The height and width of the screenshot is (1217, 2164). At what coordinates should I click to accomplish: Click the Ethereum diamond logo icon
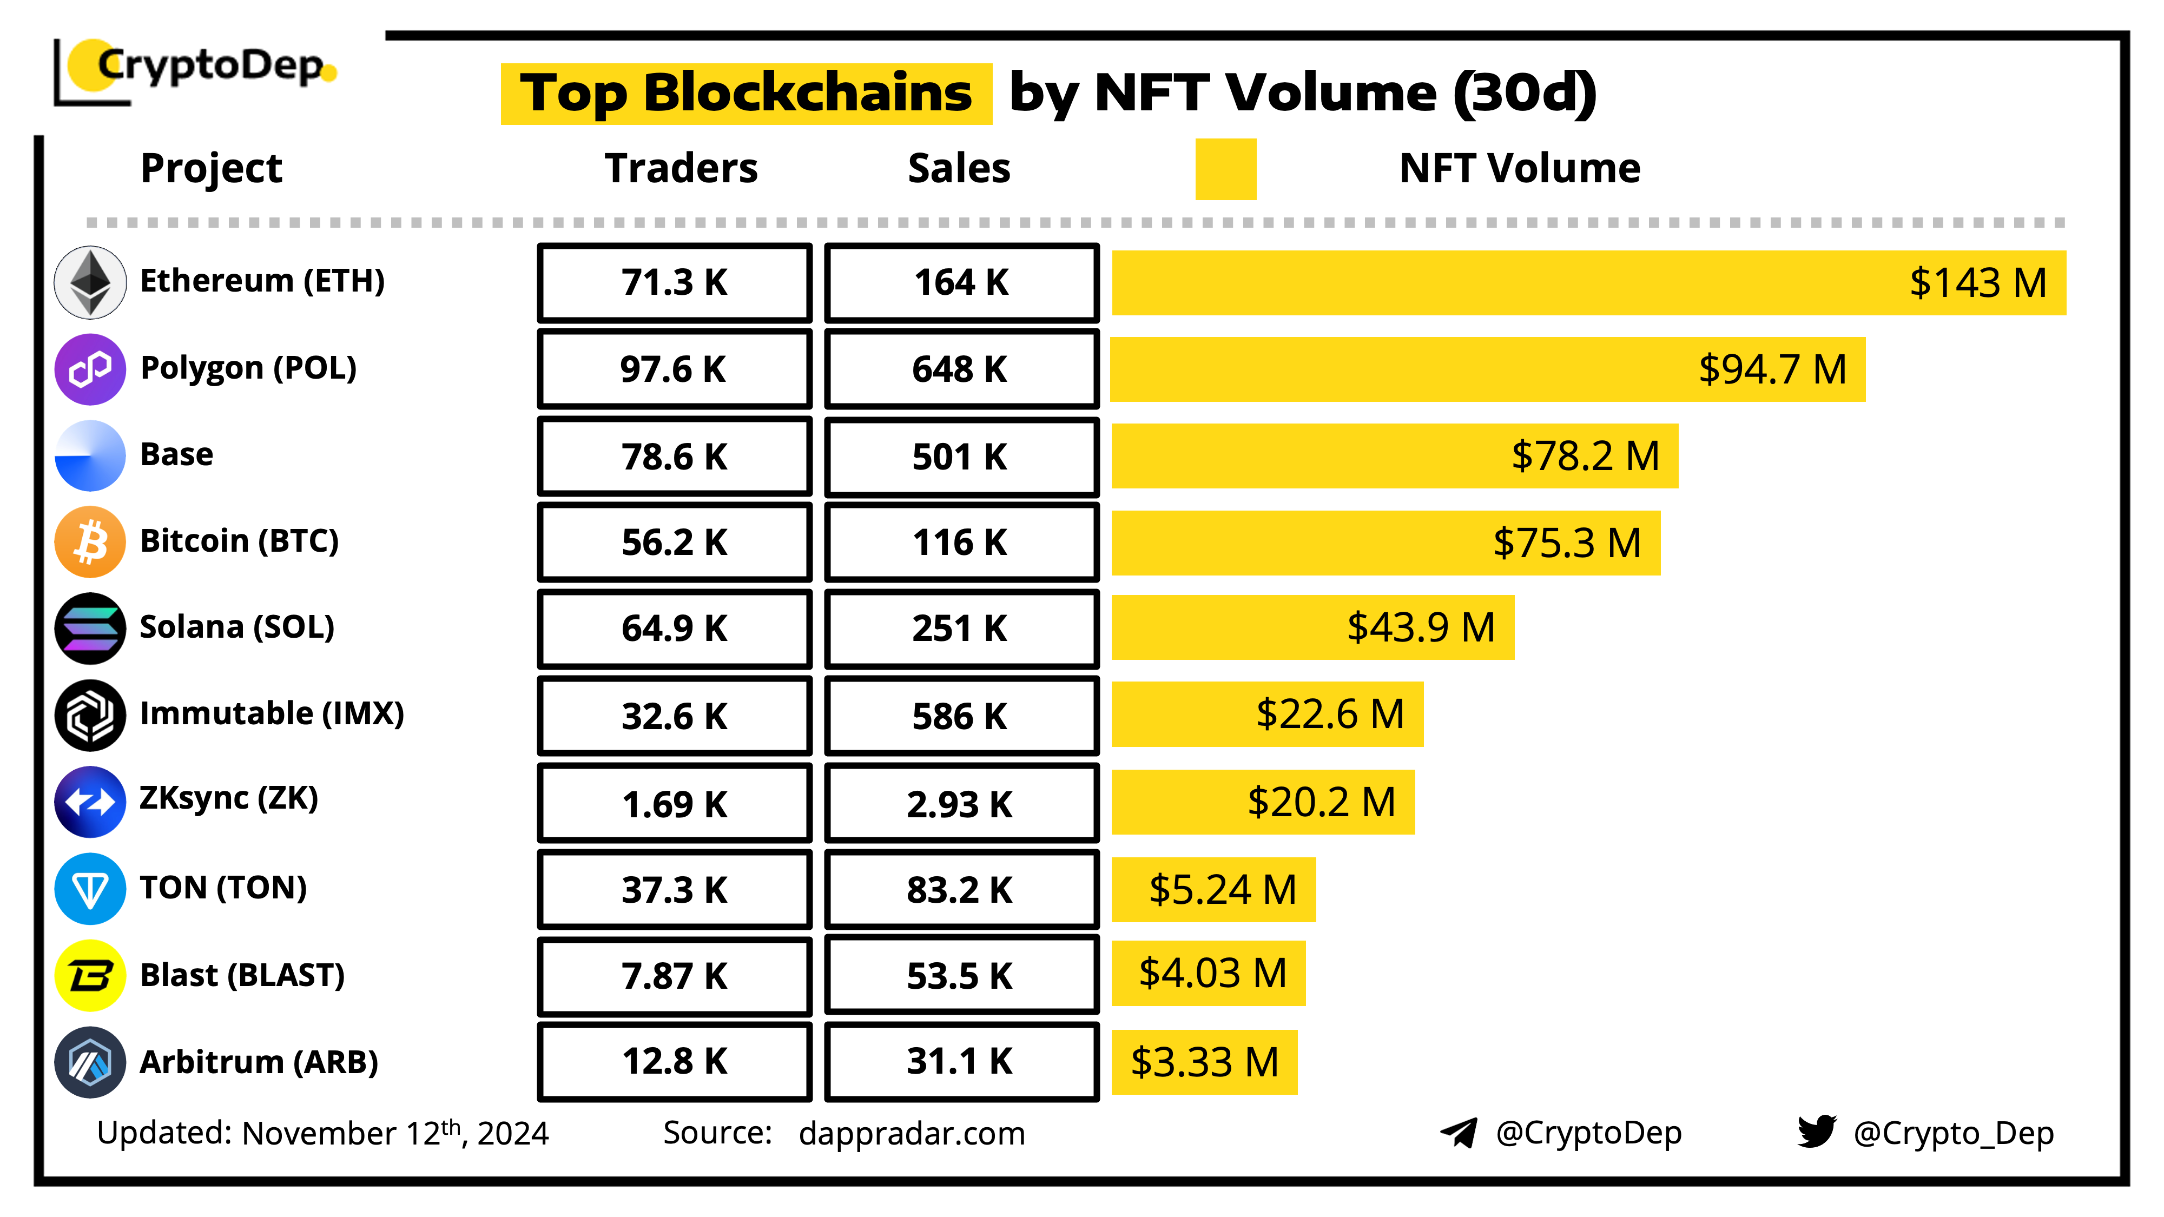90,282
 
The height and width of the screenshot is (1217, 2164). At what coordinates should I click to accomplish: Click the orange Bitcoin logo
90,542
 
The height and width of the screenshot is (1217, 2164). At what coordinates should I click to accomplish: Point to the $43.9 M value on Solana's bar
1421,627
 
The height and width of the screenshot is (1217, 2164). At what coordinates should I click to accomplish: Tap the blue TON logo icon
90,889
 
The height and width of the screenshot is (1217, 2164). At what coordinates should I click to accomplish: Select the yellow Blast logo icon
90,975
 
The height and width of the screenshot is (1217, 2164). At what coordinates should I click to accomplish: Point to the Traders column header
681,169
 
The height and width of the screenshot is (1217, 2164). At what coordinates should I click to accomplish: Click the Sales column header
959,169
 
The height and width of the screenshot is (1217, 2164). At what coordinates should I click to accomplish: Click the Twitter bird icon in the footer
1816,1132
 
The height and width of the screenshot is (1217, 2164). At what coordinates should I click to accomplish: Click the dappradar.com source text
912,1134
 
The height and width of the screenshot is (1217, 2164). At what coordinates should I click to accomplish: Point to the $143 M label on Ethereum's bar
1977,283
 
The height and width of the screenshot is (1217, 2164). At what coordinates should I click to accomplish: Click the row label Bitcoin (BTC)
240,541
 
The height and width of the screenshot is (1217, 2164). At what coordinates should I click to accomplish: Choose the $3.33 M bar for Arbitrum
1204,1062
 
